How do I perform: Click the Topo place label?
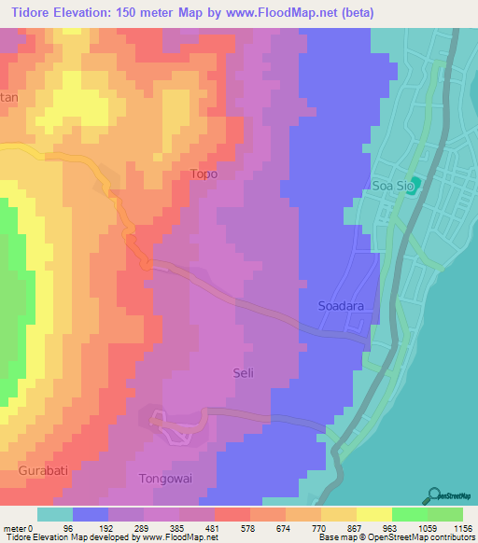point(204,174)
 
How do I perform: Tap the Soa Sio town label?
point(392,186)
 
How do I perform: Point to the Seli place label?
point(243,373)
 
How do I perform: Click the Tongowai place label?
point(164,479)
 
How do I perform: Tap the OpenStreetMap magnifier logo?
point(436,495)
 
